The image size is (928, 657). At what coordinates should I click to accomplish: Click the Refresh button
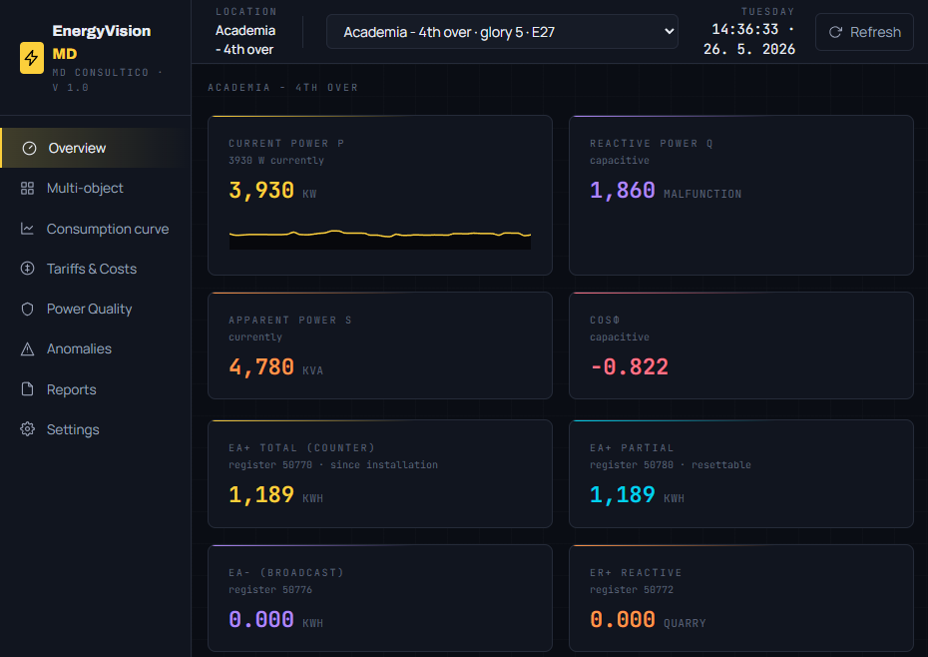864,32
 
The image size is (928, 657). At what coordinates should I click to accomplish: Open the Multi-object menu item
85,189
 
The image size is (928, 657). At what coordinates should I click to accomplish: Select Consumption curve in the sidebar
107,229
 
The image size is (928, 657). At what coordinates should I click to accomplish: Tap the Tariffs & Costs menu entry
91,269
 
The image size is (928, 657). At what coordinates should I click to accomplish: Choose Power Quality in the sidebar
89,310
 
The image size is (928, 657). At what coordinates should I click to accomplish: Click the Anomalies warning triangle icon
27,348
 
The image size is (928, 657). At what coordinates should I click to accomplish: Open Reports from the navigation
71,389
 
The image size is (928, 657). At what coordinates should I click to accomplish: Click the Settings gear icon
27,429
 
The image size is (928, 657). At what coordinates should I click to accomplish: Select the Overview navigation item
77,148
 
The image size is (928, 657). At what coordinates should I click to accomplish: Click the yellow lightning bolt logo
31,58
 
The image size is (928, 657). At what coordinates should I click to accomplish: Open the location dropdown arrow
669,31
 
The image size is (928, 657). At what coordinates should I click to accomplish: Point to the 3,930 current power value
261,191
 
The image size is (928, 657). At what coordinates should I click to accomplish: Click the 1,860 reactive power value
622,191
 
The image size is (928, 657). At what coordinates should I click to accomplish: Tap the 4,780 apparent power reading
261,367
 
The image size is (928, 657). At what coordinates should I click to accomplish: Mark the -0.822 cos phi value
629,367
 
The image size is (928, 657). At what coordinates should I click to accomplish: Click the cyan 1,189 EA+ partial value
622,494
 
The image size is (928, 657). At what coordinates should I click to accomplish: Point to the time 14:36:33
744,29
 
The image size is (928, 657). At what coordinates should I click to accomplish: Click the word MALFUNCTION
702,195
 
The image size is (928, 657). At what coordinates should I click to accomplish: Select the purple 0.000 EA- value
261,620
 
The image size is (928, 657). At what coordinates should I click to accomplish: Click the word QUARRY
685,623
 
